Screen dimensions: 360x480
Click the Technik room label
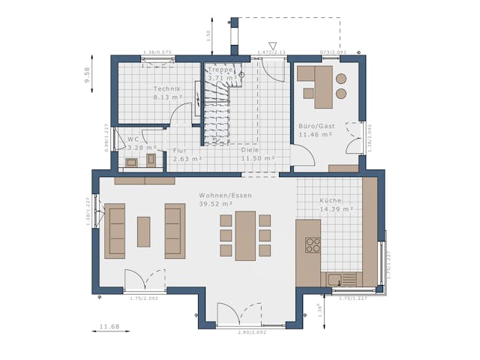167,88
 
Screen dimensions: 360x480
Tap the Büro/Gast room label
316,126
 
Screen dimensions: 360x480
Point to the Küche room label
331,200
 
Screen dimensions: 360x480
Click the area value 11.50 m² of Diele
258,158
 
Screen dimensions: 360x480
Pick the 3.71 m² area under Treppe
222,77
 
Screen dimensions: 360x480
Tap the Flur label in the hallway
180,150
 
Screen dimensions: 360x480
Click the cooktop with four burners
313,244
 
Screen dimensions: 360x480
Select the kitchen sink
334,280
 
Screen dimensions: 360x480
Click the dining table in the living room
245,235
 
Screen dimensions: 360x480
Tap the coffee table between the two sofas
143,232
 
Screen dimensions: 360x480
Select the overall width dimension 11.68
109,326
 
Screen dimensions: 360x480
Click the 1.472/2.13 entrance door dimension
271,52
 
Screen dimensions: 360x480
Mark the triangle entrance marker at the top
272,45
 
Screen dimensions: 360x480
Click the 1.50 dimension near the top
208,34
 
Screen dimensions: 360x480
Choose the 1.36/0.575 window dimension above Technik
157,52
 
